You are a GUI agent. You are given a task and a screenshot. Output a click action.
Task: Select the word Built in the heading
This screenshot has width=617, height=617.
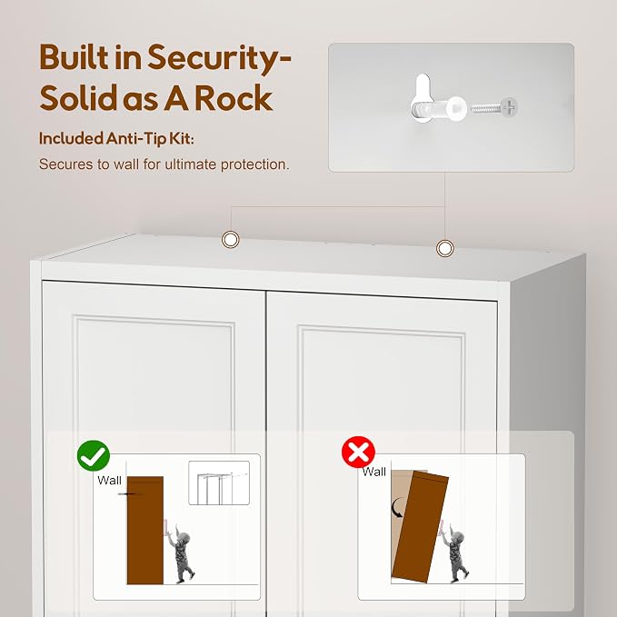click(x=74, y=56)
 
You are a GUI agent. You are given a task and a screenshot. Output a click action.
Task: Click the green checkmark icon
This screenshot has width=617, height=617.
click(x=94, y=455)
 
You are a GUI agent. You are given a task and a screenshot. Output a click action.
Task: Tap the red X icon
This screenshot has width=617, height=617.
click(x=358, y=452)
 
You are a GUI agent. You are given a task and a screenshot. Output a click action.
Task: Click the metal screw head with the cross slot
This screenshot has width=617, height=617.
click(x=509, y=106)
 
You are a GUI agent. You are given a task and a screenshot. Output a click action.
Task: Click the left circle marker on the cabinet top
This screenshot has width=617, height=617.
click(x=231, y=239)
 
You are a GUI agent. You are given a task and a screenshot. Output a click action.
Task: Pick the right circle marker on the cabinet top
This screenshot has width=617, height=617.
click(x=445, y=248)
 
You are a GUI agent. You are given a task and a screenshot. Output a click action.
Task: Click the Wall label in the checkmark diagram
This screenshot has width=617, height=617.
click(x=109, y=480)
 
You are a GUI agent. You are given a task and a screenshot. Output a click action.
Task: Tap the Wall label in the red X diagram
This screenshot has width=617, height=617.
click(x=373, y=472)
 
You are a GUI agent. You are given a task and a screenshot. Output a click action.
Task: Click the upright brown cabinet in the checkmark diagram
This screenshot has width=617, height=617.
click(x=145, y=530)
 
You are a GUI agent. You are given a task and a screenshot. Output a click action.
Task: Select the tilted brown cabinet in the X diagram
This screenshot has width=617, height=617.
click(x=420, y=527)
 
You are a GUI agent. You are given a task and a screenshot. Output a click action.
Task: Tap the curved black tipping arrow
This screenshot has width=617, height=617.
click(x=396, y=508)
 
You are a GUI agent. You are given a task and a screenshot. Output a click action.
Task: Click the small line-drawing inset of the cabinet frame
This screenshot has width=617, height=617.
click(x=219, y=483)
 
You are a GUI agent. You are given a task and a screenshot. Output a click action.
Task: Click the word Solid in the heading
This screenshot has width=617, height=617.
click(x=78, y=97)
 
